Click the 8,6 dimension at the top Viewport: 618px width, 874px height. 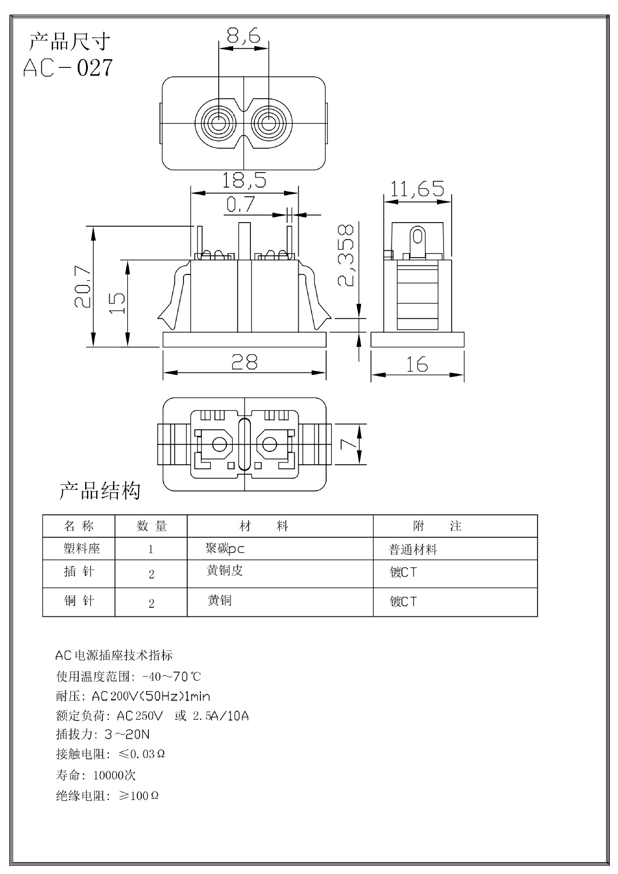tap(243, 36)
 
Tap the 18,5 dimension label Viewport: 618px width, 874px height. tap(244, 181)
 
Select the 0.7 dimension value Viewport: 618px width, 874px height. tap(240, 205)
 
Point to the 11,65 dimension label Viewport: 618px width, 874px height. tap(417, 188)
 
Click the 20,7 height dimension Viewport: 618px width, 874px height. tap(84, 287)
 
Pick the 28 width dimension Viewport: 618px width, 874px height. tap(245, 362)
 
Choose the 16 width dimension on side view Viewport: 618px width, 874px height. tap(417, 364)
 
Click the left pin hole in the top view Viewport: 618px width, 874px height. tap(219, 123)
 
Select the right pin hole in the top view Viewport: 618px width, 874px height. tap(269, 123)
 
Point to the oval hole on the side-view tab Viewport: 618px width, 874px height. tap(418, 237)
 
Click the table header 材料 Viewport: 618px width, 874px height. tap(264, 526)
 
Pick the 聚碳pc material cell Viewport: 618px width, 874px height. tap(225, 549)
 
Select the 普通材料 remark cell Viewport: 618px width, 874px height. tap(413, 549)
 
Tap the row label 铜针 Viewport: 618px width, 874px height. tap(79, 601)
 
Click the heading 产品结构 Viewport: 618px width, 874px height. tap(100, 491)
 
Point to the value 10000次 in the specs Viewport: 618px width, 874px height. tap(114, 775)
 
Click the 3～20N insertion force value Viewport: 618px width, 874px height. tap(127, 734)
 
